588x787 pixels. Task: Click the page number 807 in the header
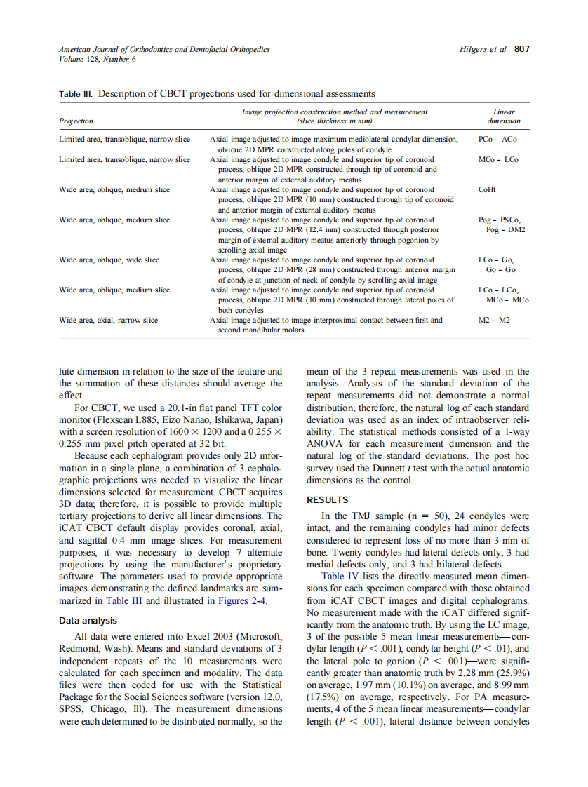521,49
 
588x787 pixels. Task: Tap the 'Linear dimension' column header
503,116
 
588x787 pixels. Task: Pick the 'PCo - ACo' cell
497,140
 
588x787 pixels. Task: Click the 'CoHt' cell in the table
487,189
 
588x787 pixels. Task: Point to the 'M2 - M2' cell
494,320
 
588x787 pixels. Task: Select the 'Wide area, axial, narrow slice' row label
108,320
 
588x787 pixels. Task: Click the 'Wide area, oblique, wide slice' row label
109,260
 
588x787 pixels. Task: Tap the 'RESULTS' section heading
327,500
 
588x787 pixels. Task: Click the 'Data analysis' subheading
88,620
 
